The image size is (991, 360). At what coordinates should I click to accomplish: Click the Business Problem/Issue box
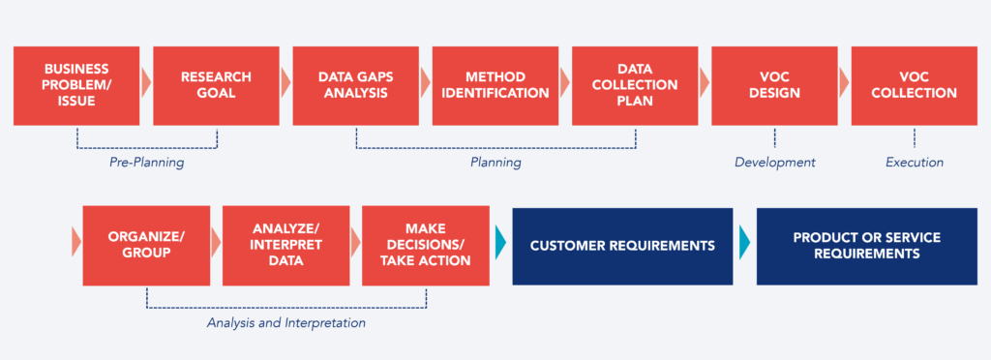tap(75, 85)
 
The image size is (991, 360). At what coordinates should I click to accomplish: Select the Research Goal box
tap(215, 85)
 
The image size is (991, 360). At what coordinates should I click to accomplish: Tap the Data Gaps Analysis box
tap(354, 85)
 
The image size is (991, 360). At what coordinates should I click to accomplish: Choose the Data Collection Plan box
tap(634, 85)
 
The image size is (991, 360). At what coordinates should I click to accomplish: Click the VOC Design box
tap(774, 85)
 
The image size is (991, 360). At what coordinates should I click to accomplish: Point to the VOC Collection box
tap(914, 85)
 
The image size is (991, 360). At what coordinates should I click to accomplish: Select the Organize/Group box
tap(146, 245)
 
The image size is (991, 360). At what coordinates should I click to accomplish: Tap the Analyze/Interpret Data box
tap(285, 245)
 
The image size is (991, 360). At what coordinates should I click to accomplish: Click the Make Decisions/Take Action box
tap(425, 245)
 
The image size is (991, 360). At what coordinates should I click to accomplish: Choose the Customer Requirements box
tap(622, 246)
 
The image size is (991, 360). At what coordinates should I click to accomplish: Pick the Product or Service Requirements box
tap(866, 246)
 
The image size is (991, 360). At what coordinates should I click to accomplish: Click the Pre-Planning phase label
tap(146, 163)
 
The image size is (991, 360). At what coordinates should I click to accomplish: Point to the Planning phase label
tap(495, 163)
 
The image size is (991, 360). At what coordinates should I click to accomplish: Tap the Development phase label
tap(774, 163)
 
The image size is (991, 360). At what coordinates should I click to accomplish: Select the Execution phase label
tap(914, 163)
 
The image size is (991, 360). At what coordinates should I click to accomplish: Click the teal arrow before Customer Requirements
tap(500, 244)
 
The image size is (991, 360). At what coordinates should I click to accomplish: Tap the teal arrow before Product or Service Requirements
tap(744, 244)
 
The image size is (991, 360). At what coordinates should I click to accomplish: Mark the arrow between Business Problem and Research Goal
tap(145, 83)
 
